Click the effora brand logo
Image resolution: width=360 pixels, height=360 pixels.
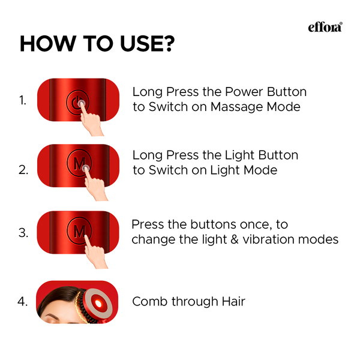(x=325, y=27)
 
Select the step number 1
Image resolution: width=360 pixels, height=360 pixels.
(x=23, y=101)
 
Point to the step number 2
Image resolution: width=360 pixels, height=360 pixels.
(x=23, y=170)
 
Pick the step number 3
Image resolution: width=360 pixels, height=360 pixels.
(x=23, y=233)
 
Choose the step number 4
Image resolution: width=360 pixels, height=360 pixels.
(x=23, y=302)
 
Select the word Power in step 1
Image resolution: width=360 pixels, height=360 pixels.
(x=245, y=92)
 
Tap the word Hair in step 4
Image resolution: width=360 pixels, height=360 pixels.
(x=233, y=302)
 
